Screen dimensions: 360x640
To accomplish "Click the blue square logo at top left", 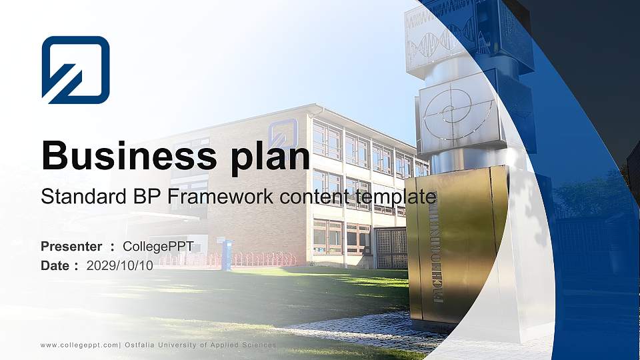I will pyautogui.click(x=75, y=69).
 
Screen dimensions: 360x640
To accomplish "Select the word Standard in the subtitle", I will pyautogui.click(x=74, y=197).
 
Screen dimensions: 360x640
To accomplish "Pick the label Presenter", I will pyautogui.click(x=71, y=247).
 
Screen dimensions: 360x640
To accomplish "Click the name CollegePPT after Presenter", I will pyautogui.click(x=158, y=247).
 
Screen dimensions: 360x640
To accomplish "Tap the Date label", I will pyautogui.click(x=55, y=265).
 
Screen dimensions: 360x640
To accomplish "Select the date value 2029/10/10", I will pyautogui.click(x=120, y=265).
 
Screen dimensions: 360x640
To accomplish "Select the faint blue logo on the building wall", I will pyautogui.click(x=283, y=133).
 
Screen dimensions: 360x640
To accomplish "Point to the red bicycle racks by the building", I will pyautogui.click(x=260, y=259).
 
